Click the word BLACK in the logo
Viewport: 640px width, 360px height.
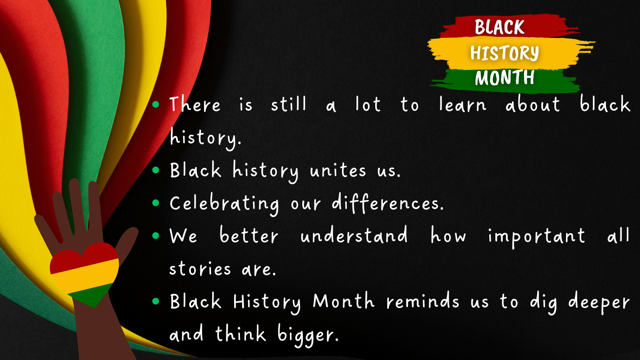pos(500,27)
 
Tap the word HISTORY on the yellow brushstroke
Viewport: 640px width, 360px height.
pos(504,53)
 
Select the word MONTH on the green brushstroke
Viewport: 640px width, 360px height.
pos(504,77)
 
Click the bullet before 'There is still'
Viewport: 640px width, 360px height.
pos(156,104)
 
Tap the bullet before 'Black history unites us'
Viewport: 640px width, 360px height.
pos(156,170)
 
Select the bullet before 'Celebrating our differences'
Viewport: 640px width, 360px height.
pos(156,203)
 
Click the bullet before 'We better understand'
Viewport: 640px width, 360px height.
pos(156,236)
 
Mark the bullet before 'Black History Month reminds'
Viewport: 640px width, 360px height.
pos(156,302)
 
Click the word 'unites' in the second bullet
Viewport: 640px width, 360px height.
pos(338,170)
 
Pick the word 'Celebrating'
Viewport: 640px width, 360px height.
pos(224,204)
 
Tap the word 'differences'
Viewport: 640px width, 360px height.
pos(388,203)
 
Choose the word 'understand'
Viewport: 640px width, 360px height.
pos(354,235)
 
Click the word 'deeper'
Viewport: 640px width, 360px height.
pos(599,303)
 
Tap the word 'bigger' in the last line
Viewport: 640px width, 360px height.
pos(308,335)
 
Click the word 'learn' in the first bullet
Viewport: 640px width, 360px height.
pos(463,104)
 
